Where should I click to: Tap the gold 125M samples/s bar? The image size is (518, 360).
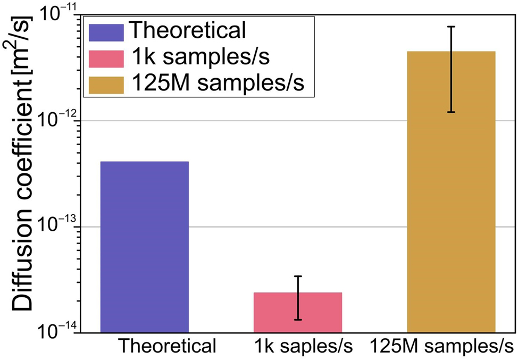tap(451, 191)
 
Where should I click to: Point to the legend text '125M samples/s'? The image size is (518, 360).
tap(218, 83)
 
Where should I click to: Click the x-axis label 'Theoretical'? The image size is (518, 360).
tap(167, 346)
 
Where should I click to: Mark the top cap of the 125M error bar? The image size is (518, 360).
tap(451, 27)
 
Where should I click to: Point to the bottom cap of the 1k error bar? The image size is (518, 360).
tap(298, 320)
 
